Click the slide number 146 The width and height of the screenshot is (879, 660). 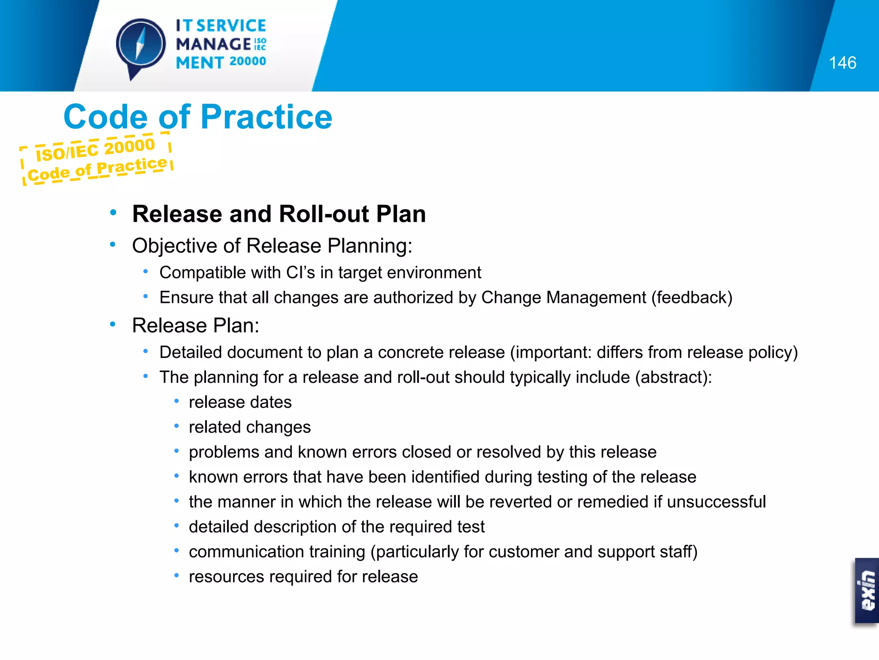[x=842, y=63]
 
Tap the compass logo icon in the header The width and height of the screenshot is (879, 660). [x=141, y=46]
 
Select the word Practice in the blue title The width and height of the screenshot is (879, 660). [x=266, y=117]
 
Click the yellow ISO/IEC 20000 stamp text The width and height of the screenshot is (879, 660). [x=95, y=149]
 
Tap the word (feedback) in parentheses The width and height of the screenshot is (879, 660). [x=691, y=297]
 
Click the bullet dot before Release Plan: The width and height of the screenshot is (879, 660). [x=112, y=324]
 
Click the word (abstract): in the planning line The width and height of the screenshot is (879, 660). [x=673, y=377]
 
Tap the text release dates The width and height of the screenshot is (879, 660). [x=240, y=402]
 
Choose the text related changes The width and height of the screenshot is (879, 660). [x=249, y=427]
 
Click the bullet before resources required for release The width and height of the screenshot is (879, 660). [x=176, y=576]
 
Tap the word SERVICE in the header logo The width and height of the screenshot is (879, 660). [x=231, y=26]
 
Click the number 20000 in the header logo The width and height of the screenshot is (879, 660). [x=248, y=61]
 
